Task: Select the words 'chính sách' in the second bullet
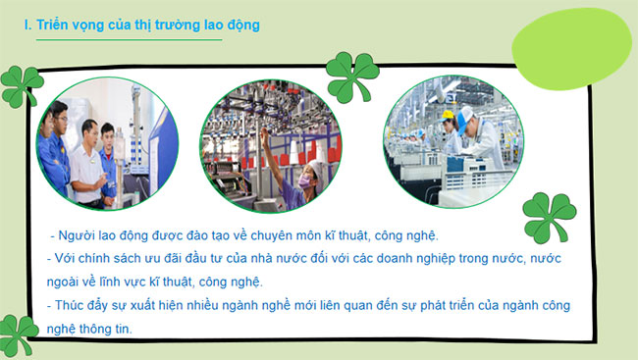click(108, 259)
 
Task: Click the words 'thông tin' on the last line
click(109, 328)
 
